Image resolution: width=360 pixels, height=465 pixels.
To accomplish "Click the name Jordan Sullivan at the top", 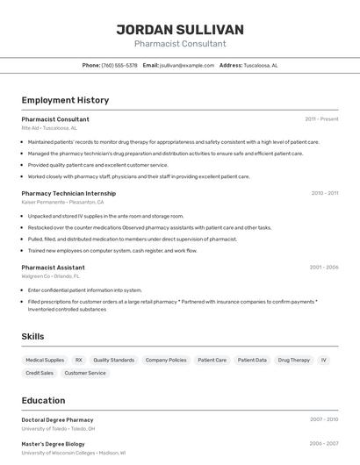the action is coord(180,29).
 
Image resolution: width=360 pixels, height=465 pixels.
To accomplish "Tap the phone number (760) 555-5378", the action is coord(119,65).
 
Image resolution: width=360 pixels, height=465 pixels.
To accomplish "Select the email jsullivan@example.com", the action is coord(186,65).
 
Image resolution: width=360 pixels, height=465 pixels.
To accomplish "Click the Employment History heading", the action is coord(65,100).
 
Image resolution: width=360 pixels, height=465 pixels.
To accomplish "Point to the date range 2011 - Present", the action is coord(321,118).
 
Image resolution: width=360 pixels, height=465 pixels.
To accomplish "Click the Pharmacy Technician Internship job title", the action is coord(68,193).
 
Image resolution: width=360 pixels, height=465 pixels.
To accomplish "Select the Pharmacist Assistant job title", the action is coord(53,267).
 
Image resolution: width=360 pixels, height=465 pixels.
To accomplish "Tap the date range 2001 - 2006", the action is coord(323,267).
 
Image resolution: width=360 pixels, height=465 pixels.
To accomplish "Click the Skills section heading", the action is coord(32,336).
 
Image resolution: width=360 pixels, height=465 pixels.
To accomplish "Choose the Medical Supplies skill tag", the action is coord(45,360).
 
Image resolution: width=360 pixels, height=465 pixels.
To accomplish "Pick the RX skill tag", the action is coord(79,360).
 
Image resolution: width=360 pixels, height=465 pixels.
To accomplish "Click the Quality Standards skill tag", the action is coord(114,360).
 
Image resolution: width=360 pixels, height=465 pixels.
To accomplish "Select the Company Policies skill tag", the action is coord(166,360).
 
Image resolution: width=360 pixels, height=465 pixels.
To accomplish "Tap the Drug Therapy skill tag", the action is coord(294,360).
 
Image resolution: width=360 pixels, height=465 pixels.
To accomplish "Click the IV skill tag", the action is coord(324,360).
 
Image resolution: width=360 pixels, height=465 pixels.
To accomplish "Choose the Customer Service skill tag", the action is coord(85,373).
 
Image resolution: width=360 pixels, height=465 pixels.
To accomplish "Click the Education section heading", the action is coord(43,400).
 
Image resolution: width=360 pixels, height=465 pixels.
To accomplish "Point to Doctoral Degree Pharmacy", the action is coord(57,419).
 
